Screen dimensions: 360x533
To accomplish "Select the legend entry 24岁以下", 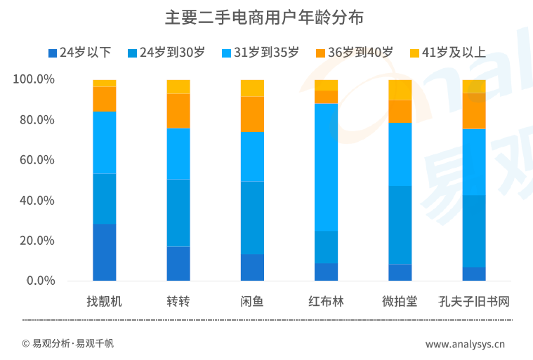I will pos(79,53).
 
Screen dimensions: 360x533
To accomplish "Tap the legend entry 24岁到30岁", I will pos(166,53).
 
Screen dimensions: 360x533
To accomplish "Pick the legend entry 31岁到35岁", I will pos(261,53).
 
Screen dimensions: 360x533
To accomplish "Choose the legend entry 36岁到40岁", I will pos(355,53).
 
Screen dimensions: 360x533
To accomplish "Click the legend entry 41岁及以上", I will pos(448,53).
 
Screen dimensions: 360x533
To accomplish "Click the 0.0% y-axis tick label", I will pos(40,281).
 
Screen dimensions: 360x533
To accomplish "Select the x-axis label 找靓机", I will pos(104,302).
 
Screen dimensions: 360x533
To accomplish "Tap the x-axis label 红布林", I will pos(326,302).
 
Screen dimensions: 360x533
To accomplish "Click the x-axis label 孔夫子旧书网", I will pos(473,302).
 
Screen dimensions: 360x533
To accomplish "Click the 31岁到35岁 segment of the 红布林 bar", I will pos(326,167).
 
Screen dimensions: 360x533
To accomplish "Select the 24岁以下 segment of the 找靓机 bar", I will pos(104,252).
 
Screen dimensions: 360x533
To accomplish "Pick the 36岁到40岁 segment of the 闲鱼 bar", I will pos(252,114).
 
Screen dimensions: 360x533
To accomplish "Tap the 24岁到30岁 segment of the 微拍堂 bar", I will pos(400,225).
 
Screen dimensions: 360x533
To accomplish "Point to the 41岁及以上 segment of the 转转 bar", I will pos(178,86).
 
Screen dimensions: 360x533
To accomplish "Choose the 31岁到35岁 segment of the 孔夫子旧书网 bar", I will pos(473,161).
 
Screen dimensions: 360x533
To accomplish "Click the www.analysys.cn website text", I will pos(465,344).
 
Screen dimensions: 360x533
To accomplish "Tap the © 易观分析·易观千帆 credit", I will pos(67,344).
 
